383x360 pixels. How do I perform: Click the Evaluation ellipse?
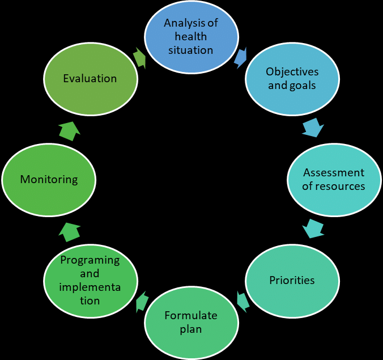[91, 79]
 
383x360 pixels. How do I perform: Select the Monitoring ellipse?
[49, 180]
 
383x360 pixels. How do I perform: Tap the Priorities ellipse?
[292, 281]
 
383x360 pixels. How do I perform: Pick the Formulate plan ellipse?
[191, 323]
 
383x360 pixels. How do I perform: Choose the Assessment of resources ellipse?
[334, 180]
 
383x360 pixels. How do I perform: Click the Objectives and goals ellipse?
[292, 79]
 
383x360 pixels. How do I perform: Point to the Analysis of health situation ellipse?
[191, 37]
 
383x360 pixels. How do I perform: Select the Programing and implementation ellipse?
[91, 281]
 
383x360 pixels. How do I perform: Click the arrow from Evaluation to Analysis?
[140, 58]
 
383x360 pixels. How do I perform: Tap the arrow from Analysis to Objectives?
[241, 58]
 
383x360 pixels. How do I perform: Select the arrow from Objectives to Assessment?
[313, 128]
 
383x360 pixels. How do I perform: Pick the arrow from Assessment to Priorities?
[313, 228]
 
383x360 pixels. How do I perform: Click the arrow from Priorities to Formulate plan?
[243, 302]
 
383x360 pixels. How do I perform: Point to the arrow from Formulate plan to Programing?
[142, 302]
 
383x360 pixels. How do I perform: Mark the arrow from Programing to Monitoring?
[70, 232]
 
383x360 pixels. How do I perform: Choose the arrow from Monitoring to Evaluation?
[70, 131]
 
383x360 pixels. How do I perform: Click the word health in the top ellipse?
[191, 37]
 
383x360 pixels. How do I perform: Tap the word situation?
[191, 50]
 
